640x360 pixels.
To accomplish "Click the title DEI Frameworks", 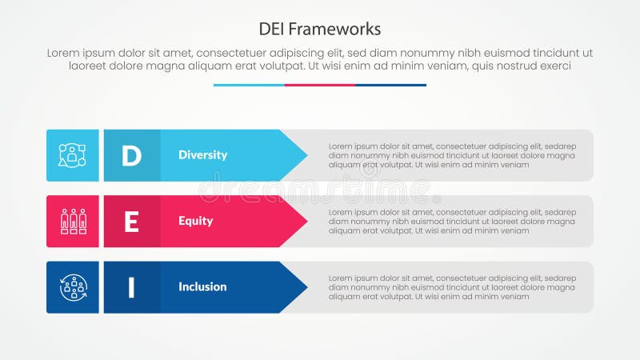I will (x=320, y=29).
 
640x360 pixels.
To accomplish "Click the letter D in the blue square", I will (x=131, y=155).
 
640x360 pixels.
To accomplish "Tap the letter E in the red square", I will (x=131, y=222).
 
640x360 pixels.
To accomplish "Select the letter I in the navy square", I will (x=131, y=287).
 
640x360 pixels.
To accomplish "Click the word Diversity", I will (x=202, y=155).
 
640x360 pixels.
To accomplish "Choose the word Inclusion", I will (x=202, y=287).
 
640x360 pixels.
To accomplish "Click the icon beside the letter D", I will (x=72, y=155).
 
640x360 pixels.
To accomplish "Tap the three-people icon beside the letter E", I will (x=72, y=222).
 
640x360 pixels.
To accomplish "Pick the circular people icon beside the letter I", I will (x=72, y=287).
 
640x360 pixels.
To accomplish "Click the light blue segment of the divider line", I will (x=249, y=85).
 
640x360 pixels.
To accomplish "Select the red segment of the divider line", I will (x=320, y=85).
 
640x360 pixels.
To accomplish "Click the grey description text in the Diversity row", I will (x=452, y=155).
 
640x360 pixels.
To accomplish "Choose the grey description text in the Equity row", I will (x=452, y=222).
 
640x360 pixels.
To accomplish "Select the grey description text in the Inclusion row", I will (x=452, y=287).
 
